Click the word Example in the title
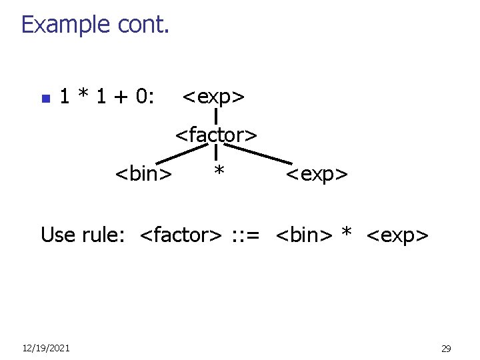[x=65, y=25]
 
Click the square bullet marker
[x=45, y=99]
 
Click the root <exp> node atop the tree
[x=213, y=97]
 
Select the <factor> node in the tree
[x=216, y=135]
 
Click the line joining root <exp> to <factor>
[x=217, y=117]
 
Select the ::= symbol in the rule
[x=249, y=235]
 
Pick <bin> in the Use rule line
[x=303, y=235]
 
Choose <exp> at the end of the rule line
[x=397, y=235]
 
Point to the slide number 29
[x=446, y=348]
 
